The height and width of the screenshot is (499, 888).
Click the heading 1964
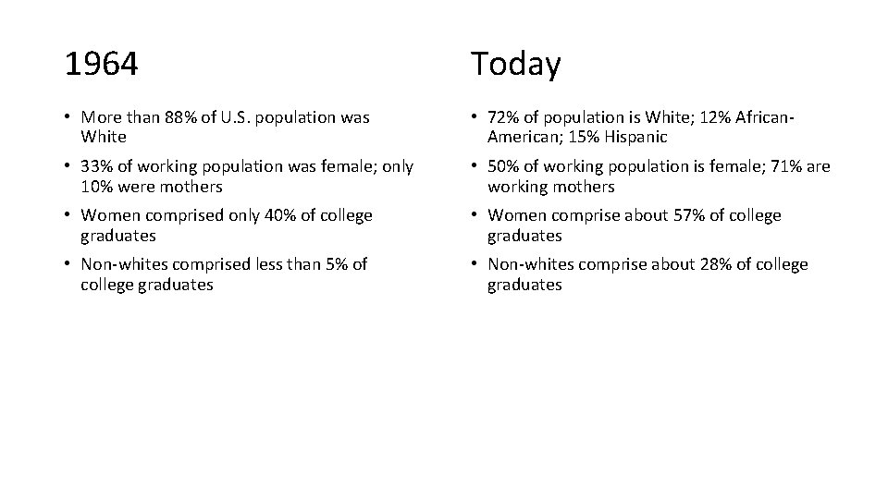tap(102, 65)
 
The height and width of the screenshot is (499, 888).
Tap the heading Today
tap(515, 65)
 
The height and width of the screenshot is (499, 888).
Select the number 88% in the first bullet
tap(181, 117)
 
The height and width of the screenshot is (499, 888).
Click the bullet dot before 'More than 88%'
tap(68, 117)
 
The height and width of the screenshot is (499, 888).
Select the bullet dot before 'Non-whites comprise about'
tap(475, 264)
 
